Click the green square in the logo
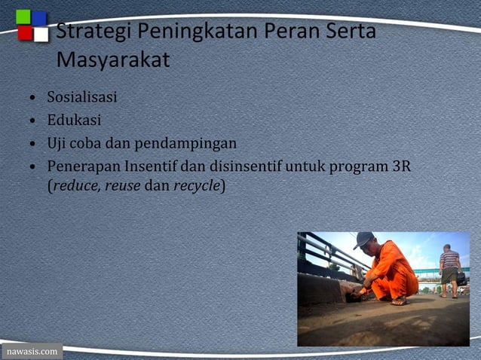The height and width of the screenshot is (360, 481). pos(23,17)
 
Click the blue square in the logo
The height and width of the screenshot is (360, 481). pos(39,17)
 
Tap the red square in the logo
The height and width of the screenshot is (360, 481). pos(24,33)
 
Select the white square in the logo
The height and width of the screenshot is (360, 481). pos(41,34)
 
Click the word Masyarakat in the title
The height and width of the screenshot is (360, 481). pos(113,60)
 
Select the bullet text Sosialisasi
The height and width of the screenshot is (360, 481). pos(81,97)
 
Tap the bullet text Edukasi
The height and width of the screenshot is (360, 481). pos(74,120)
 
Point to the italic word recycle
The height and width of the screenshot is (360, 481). pos(197,185)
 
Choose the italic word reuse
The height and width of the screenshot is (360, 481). pos(122,185)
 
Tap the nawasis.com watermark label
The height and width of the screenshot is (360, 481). pos(31,352)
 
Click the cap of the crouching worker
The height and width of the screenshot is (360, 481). pos(365,239)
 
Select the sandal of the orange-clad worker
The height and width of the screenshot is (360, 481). pos(399,301)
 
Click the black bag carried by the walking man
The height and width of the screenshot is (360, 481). pos(461,279)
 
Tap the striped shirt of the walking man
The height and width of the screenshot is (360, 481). pos(449,260)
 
